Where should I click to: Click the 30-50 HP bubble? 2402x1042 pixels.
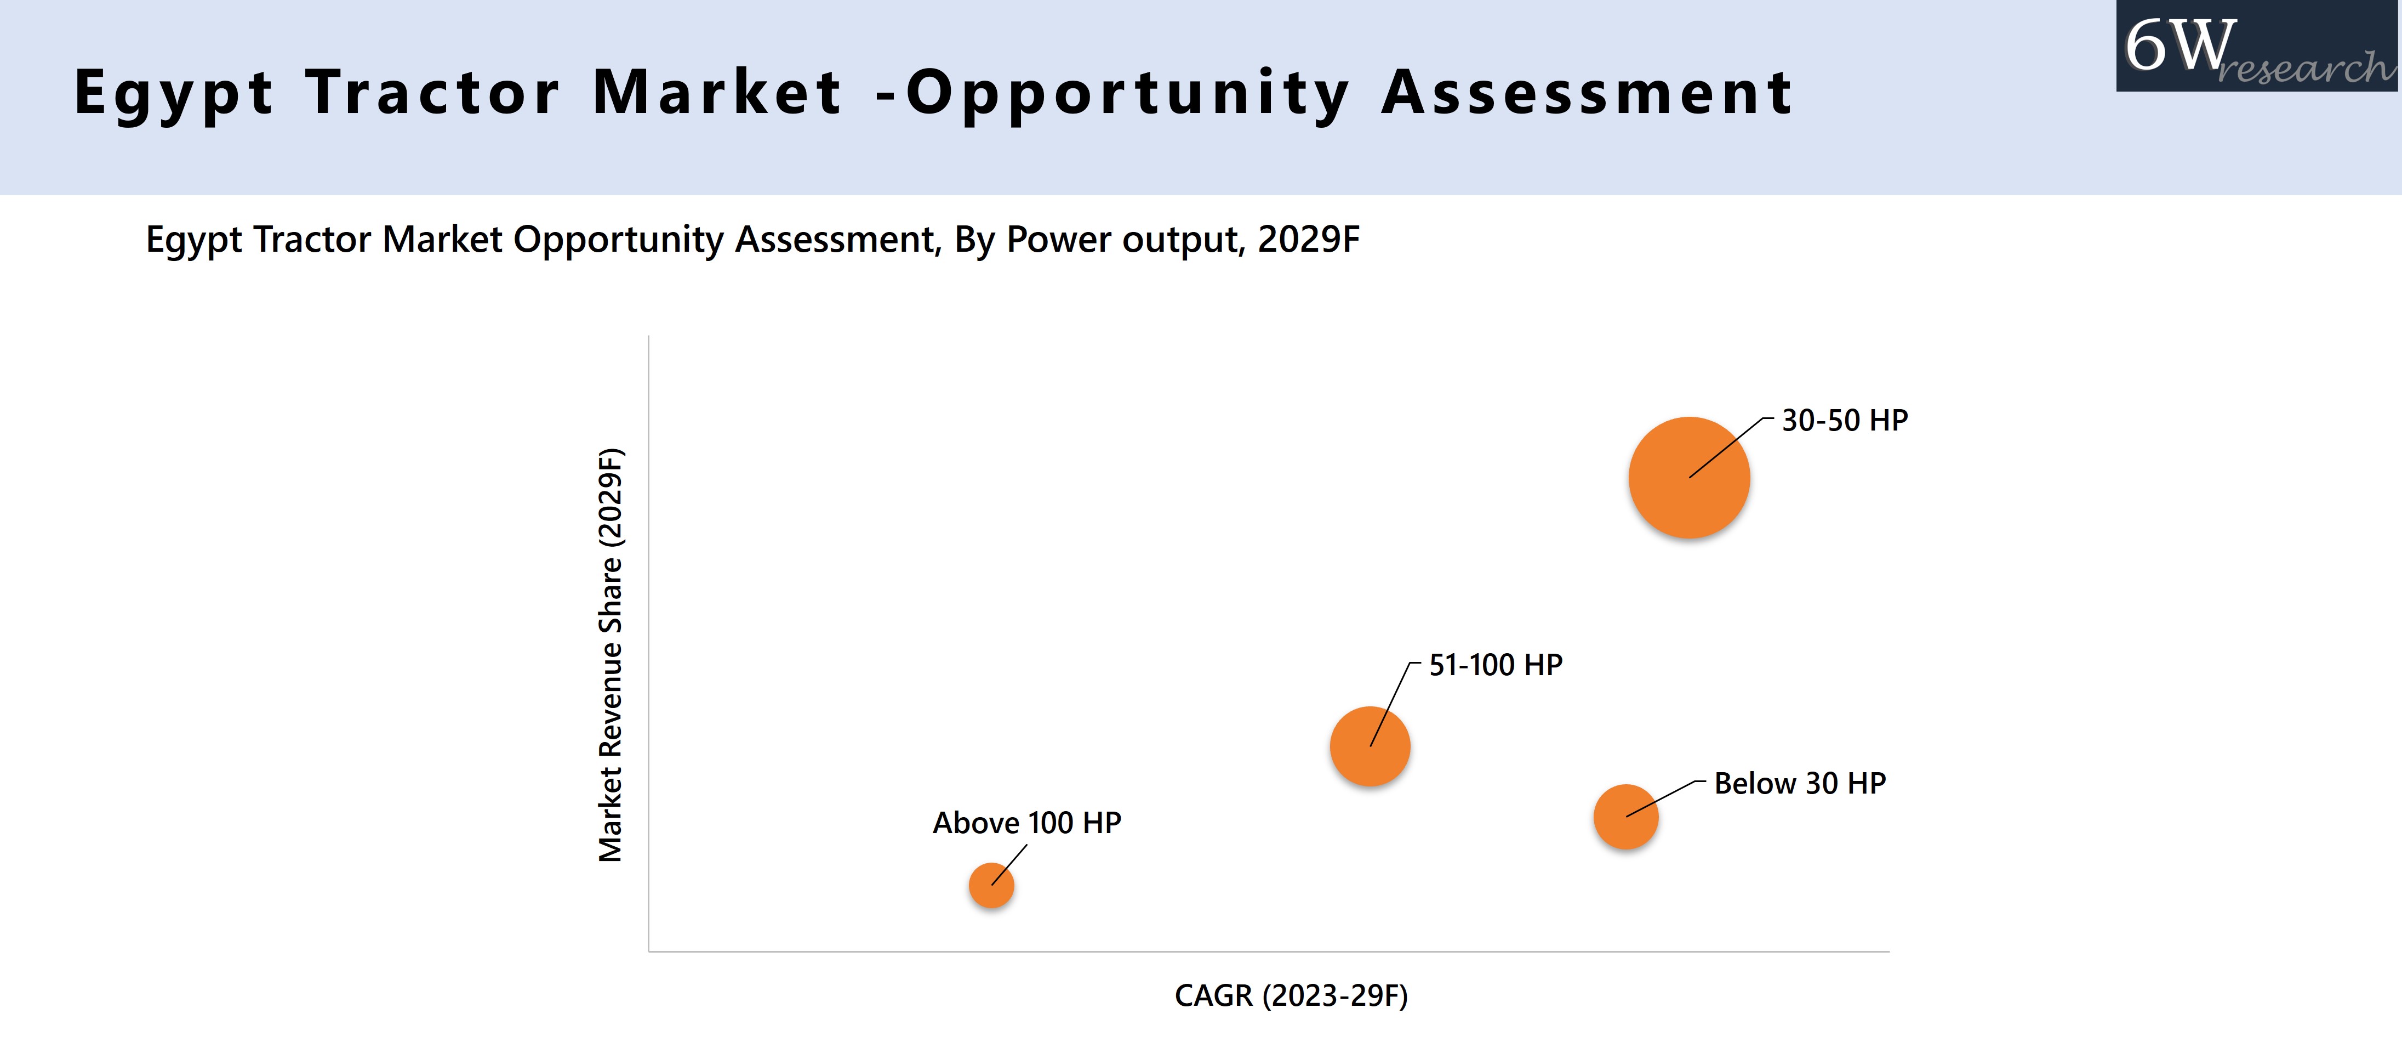pyautogui.click(x=1688, y=478)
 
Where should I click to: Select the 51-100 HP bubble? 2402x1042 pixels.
pyautogui.click(x=1370, y=746)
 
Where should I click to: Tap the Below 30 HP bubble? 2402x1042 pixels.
pyautogui.click(x=1625, y=817)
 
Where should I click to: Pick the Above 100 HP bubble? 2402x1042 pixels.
pyautogui.click(x=991, y=885)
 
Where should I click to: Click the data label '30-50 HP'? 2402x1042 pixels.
pyautogui.click(x=1845, y=421)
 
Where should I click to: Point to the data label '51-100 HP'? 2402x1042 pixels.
pyautogui.click(x=1496, y=665)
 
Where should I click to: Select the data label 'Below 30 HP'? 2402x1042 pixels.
pyautogui.click(x=1800, y=784)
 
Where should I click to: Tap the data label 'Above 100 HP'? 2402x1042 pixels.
pyautogui.click(x=1026, y=823)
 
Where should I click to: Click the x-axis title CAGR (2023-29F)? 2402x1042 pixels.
pyautogui.click(x=1291, y=995)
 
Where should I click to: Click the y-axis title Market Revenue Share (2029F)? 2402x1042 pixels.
pyautogui.click(x=611, y=655)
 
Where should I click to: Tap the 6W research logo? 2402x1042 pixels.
pyautogui.click(x=2257, y=47)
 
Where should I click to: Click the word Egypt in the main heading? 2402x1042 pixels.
pyautogui.click(x=173, y=93)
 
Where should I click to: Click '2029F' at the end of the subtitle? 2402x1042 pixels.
pyautogui.click(x=1308, y=240)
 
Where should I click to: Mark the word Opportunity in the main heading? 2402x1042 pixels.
pyautogui.click(x=1127, y=93)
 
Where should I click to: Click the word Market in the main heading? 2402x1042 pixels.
pyautogui.click(x=717, y=93)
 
